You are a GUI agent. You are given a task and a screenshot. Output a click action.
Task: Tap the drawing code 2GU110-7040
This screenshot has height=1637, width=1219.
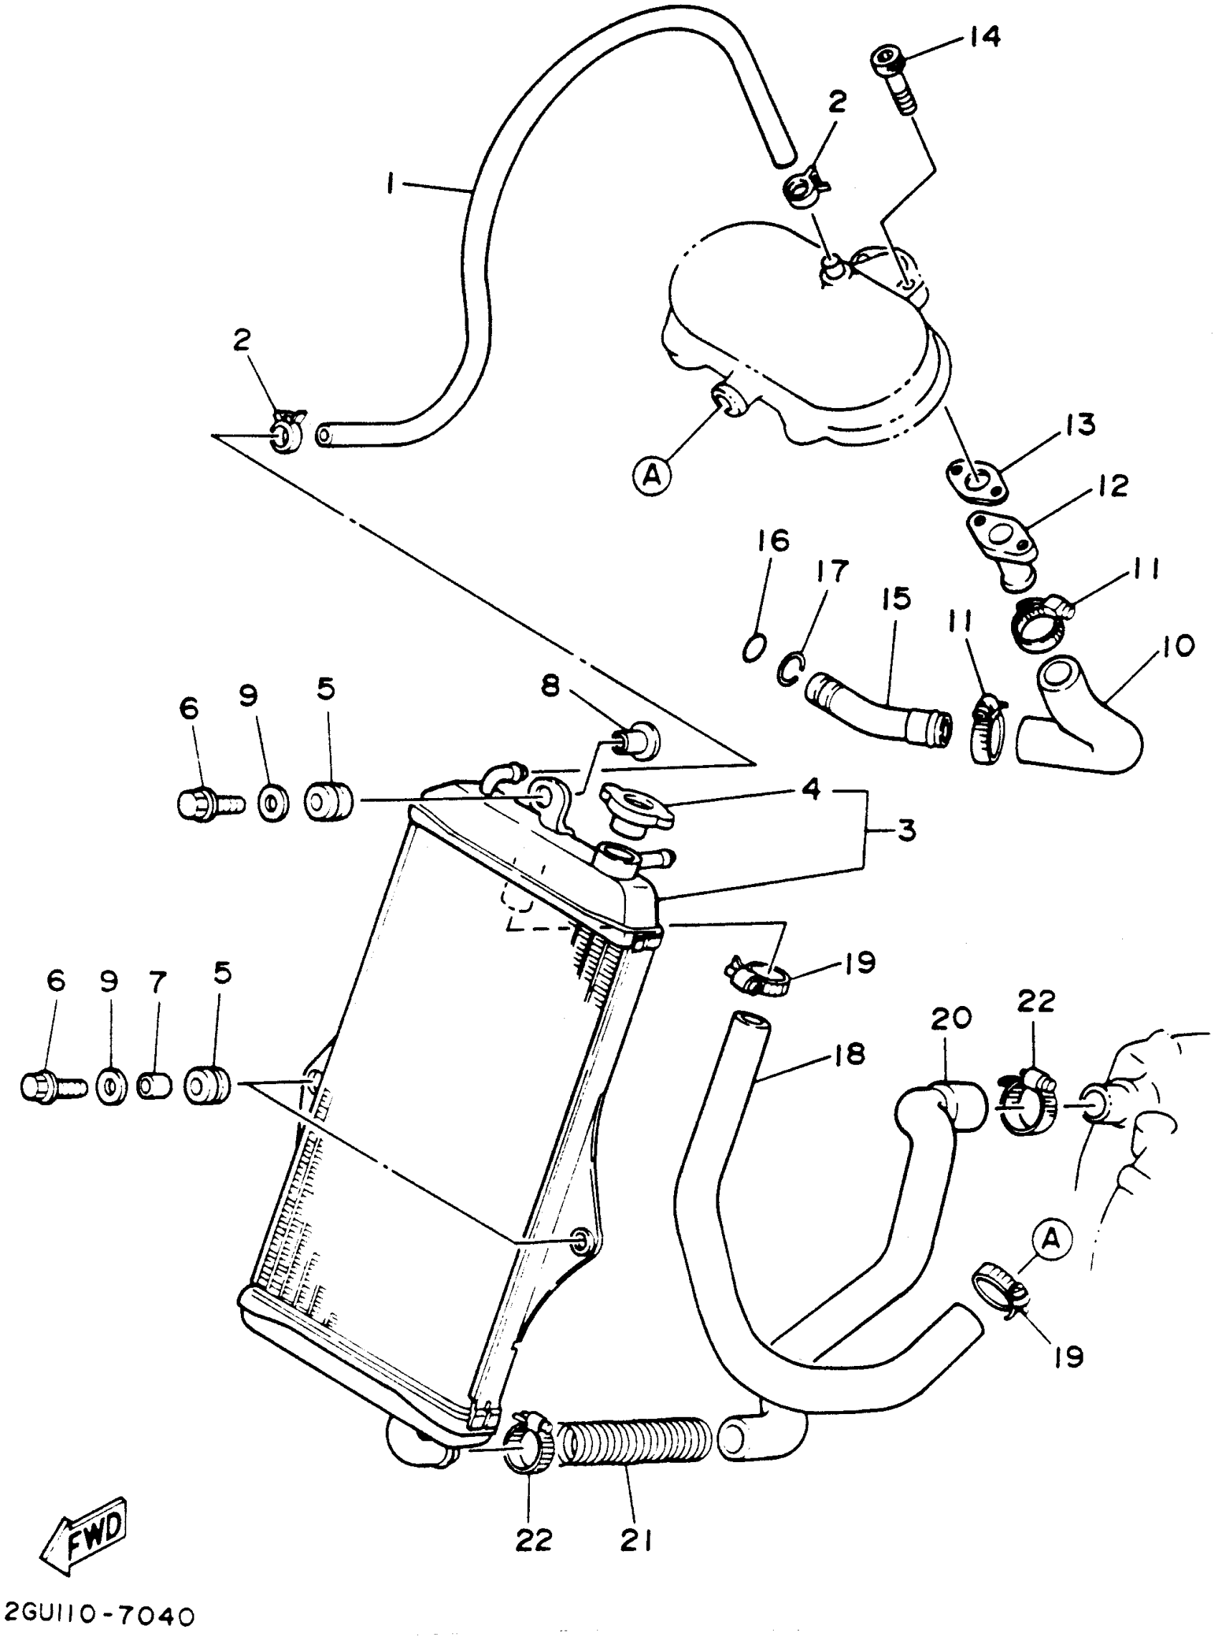[x=100, y=1616]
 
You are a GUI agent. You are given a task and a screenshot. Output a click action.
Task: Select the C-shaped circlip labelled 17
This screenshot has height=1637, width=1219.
[x=789, y=668]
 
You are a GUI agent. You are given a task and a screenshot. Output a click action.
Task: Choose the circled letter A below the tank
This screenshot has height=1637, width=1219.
[x=651, y=475]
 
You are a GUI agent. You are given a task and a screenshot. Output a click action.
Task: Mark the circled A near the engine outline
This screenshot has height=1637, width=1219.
[x=1050, y=1239]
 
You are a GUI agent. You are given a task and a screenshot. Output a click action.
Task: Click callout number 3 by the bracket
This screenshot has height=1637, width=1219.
[x=906, y=830]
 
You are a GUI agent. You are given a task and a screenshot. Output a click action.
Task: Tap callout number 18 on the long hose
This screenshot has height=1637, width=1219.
[x=850, y=1055]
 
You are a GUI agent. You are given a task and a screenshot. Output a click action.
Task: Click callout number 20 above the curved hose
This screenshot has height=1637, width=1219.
[x=950, y=1019]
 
